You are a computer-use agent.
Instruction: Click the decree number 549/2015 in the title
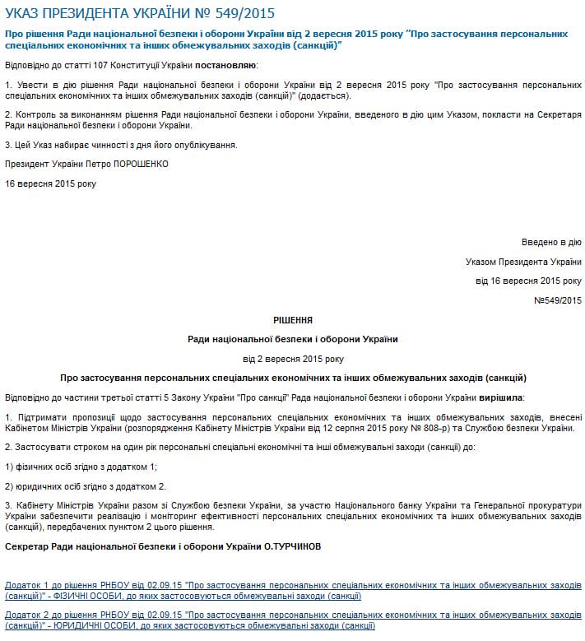(244, 13)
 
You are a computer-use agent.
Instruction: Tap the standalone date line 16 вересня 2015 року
(50, 183)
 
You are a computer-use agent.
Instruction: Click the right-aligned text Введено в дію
(551, 243)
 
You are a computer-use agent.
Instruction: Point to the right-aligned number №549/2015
(557, 300)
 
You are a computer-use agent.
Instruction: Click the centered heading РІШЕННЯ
(293, 319)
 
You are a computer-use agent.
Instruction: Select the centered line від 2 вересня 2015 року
(293, 359)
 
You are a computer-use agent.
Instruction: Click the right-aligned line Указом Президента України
(523, 262)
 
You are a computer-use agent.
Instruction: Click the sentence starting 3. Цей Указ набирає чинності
(121, 145)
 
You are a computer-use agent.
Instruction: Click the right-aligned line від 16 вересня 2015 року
(528, 281)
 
